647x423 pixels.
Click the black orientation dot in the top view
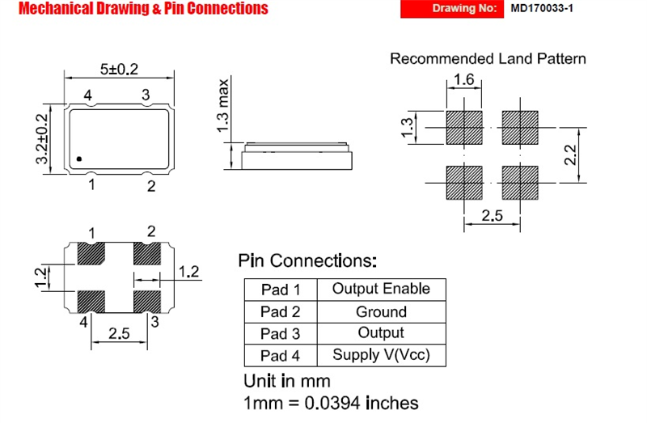tap(79, 159)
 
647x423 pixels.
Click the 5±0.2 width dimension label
tap(119, 69)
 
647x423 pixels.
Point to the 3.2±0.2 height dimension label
tap(43, 138)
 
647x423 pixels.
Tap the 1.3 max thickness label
tap(223, 106)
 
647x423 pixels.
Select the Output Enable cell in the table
tap(381, 289)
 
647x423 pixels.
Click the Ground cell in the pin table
tap(381, 311)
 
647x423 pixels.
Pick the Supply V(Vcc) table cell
tap(381, 354)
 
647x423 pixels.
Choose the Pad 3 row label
tap(280, 333)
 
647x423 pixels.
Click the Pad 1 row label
tap(280, 290)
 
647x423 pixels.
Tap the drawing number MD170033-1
tap(542, 8)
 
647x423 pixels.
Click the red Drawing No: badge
tap(452, 9)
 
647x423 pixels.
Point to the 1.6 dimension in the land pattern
tap(463, 79)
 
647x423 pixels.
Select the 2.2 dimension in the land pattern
tap(570, 154)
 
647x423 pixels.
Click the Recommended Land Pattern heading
tap(488, 58)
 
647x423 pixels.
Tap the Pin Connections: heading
tap(307, 260)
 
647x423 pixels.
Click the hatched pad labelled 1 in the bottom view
tap(91, 254)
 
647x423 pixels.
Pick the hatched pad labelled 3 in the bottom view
tap(147, 302)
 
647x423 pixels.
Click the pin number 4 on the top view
tap(87, 95)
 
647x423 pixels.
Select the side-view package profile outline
tap(296, 156)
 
